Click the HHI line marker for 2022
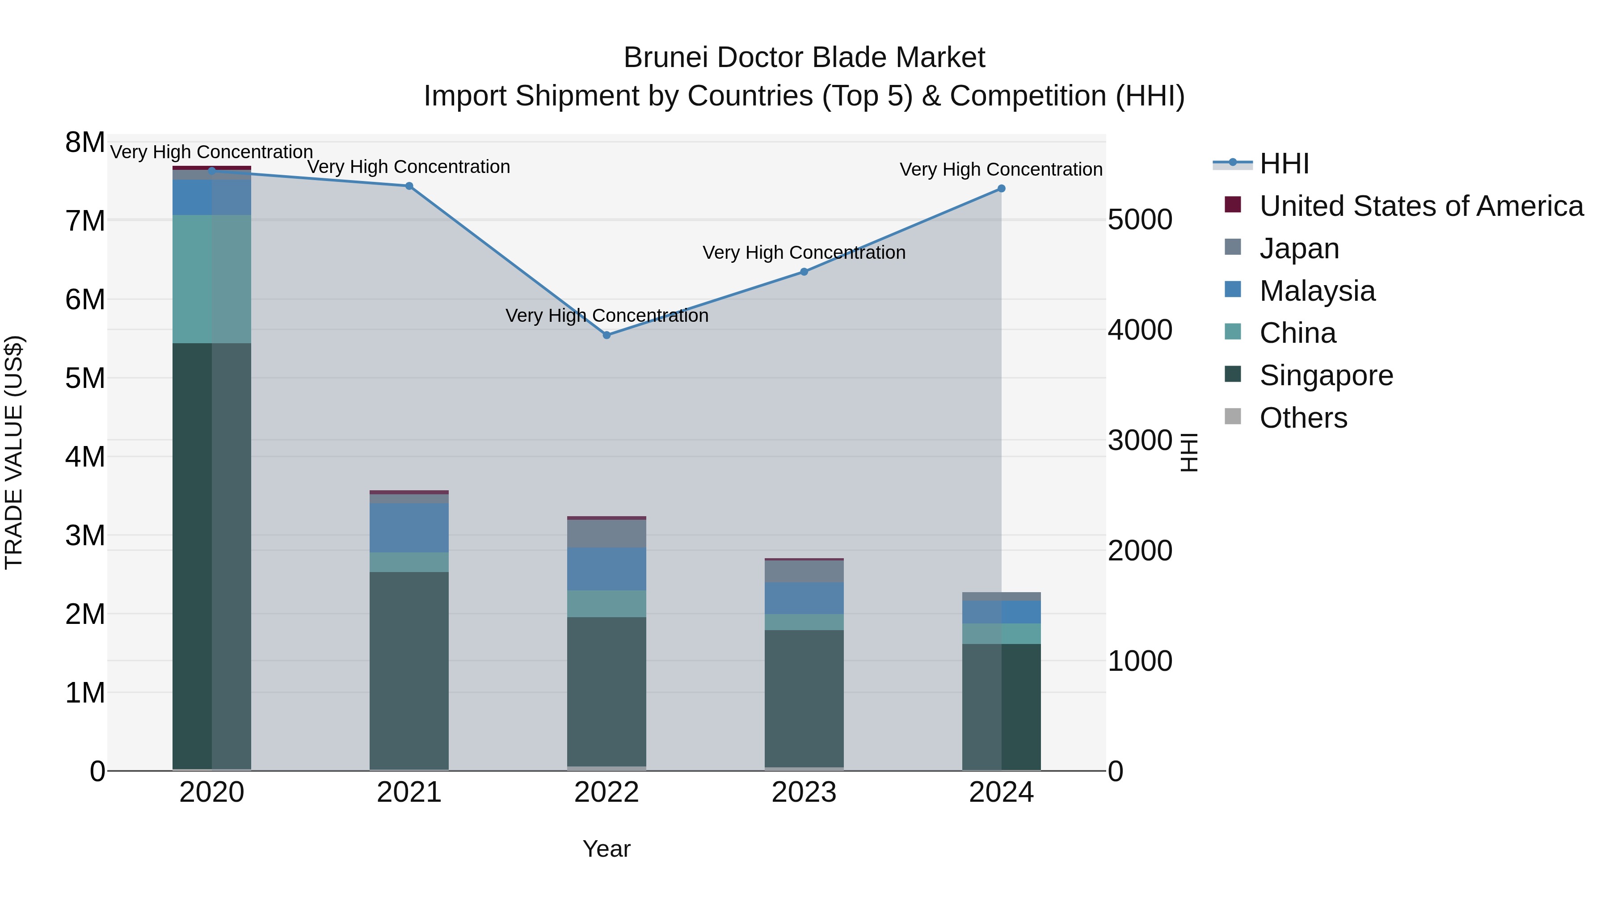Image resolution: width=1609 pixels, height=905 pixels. click(x=607, y=335)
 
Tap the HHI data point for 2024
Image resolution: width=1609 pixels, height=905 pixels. click(x=1001, y=189)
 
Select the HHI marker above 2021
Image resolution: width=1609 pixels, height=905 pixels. click(x=409, y=186)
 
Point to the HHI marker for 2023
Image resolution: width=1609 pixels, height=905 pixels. click(x=804, y=272)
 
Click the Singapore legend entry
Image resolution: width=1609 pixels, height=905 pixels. click(x=1326, y=376)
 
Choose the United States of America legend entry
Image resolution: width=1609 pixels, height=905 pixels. click(x=1421, y=206)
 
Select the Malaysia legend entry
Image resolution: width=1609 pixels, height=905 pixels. click(x=1317, y=291)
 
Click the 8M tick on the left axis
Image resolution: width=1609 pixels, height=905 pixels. click(x=85, y=143)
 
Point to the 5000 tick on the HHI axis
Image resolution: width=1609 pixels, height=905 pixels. click(x=1140, y=220)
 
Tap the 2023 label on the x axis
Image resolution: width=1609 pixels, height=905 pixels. click(x=804, y=792)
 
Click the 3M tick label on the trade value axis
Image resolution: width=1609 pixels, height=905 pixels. click(x=85, y=535)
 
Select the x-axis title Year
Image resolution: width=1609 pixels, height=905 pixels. click(x=607, y=849)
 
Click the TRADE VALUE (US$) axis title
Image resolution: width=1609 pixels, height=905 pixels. click(x=14, y=452)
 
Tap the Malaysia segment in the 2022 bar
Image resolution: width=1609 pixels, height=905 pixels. click(x=607, y=568)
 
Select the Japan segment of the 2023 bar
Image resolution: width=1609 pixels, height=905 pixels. click(x=804, y=572)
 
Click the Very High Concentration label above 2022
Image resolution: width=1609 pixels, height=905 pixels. click(x=607, y=316)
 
